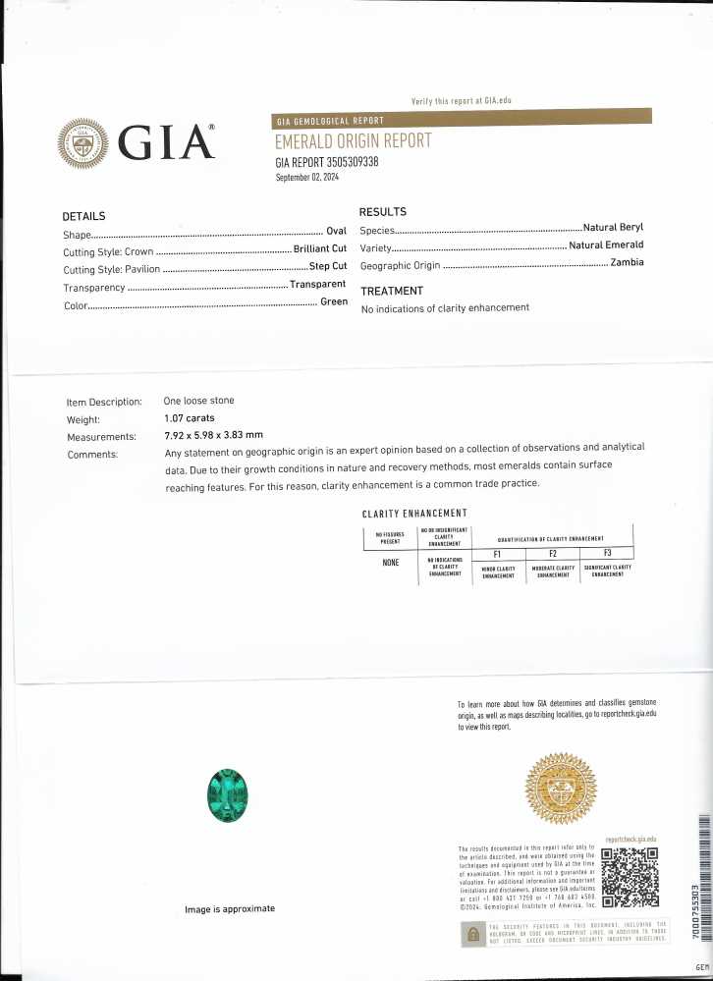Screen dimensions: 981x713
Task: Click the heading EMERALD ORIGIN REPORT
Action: [353, 140]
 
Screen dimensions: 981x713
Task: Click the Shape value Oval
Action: [336, 232]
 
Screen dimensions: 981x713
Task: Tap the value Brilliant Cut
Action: [320, 249]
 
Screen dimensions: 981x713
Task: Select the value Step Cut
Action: [328, 266]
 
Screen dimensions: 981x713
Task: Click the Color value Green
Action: [334, 301]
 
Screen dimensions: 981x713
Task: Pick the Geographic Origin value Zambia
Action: [626, 263]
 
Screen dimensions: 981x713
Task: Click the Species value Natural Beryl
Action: [613, 228]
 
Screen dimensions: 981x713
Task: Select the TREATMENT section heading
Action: [392, 291]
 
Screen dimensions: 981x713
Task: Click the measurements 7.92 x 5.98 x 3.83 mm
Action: [213, 435]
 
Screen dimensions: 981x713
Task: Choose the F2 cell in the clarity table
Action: [552, 554]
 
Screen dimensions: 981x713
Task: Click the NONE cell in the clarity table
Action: [390, 563]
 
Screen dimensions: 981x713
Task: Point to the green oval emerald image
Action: [227, 794]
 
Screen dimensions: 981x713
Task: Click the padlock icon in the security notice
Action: [472, 934]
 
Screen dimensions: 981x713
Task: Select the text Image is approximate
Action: [230, 909]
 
